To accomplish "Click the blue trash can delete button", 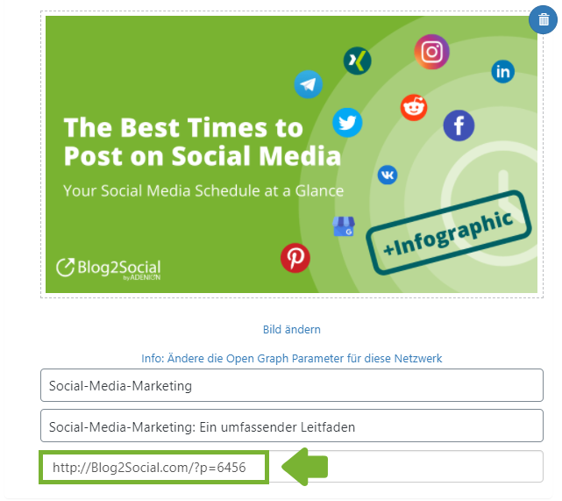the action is click(x=543, y=19).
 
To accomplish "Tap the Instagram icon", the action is click(x=431, y=52).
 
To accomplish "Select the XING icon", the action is click(x=357, y=61).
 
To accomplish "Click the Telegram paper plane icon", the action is click(x=308, y=84).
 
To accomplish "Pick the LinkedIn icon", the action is click(x=503, y=71).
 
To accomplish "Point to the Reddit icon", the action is click(x=414, y=107).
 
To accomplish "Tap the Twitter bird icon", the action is click(x=347, y=122).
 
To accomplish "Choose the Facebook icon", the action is click(x=459, y=125).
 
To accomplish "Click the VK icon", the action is click(x=388, y=175).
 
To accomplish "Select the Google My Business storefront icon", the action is click(x=344, y=226).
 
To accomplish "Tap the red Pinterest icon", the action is click(x=295, y=258).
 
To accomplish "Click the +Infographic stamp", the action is click(x=449, y=233).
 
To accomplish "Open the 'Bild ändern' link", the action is click(x=292, y=329).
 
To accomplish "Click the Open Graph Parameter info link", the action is click(x=292, y=358).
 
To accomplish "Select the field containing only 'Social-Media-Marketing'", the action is click(x=292, y=385).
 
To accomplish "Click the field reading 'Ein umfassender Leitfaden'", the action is click(x=292, y=426).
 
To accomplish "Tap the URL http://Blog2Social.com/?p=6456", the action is click(x=149, y=468).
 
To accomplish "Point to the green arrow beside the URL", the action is click(x=304, y=467).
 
